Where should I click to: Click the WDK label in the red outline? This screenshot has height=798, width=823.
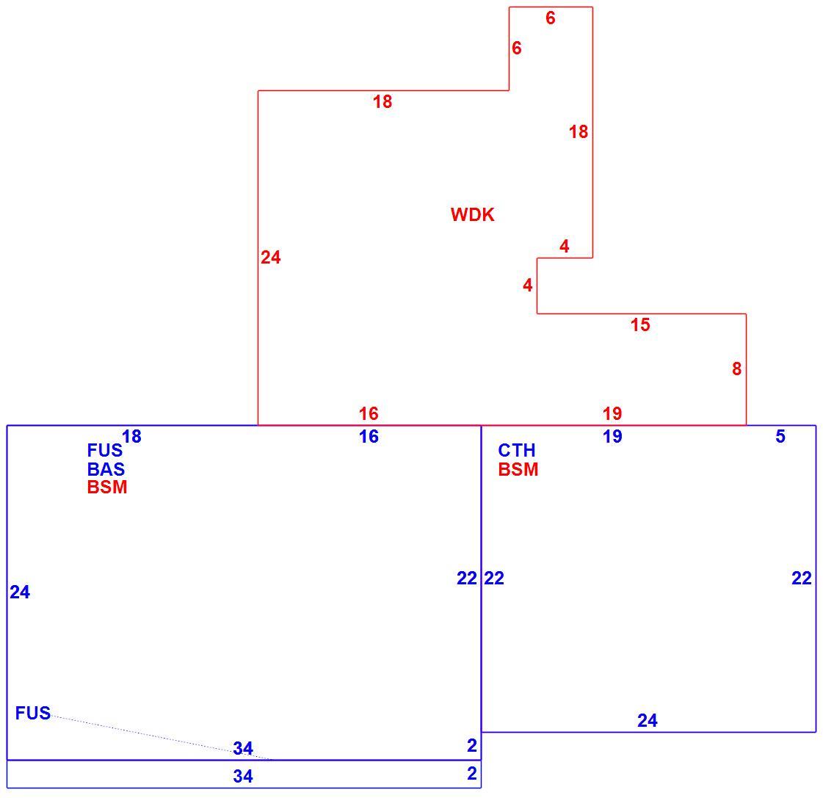(472, 214)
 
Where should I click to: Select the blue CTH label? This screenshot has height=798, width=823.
(516, 451)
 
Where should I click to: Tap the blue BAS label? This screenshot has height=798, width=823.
(106, 469)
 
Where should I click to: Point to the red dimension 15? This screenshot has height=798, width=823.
(640, 325)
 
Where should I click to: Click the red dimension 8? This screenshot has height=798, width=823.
(737, 369)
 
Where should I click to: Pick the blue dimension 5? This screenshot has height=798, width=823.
(780, 436)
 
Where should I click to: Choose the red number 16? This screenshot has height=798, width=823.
(369, 414)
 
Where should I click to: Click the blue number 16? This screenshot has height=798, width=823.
(369, 437)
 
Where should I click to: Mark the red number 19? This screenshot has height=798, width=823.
(612, 414)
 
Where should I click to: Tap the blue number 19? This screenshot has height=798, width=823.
(612, 437)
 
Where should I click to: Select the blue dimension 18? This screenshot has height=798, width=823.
(131, 436)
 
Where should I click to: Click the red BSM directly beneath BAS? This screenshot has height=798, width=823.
(107, 487)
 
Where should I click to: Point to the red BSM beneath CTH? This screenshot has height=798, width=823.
(518, 469)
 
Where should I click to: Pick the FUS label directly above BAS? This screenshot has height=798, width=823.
(105, 451)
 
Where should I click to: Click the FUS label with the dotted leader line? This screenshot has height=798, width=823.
(33, 713)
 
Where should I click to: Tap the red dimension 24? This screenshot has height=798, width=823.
(271, 257)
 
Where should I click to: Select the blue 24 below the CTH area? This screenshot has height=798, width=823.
(648, 721)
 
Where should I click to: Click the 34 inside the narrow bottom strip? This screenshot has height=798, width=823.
(243, 777)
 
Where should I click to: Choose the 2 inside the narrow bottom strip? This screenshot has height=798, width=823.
(472, 774)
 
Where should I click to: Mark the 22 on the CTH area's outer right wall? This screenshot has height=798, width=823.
(802, 578)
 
